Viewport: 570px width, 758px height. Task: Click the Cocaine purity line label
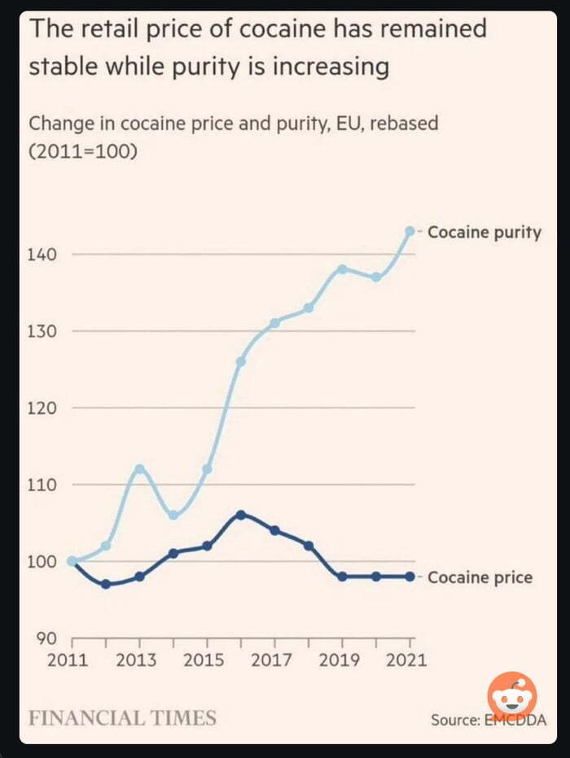click(x=484, y=232)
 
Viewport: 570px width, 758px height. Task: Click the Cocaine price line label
click(x=479, y=577)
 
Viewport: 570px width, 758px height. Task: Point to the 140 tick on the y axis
click(x=44, y=255)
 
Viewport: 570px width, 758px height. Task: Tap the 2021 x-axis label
click(x=406, y=660)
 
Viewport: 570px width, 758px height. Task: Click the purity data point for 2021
click(x=410, y=231)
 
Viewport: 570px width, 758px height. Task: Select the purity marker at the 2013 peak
click(x=139, y=468)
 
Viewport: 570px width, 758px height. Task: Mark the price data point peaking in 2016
click(x=241, y=515)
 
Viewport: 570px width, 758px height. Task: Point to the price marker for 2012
click(x=106, y=584)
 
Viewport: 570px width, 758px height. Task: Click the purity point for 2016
click(x=241, y=361)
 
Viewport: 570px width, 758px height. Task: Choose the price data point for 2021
click(x=410, y=577)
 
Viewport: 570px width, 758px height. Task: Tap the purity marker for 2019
click(x=342, y=269)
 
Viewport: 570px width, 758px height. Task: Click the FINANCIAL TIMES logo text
click(x=123, y=718)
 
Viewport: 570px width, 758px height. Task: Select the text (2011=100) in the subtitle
click(x=81, y=151)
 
